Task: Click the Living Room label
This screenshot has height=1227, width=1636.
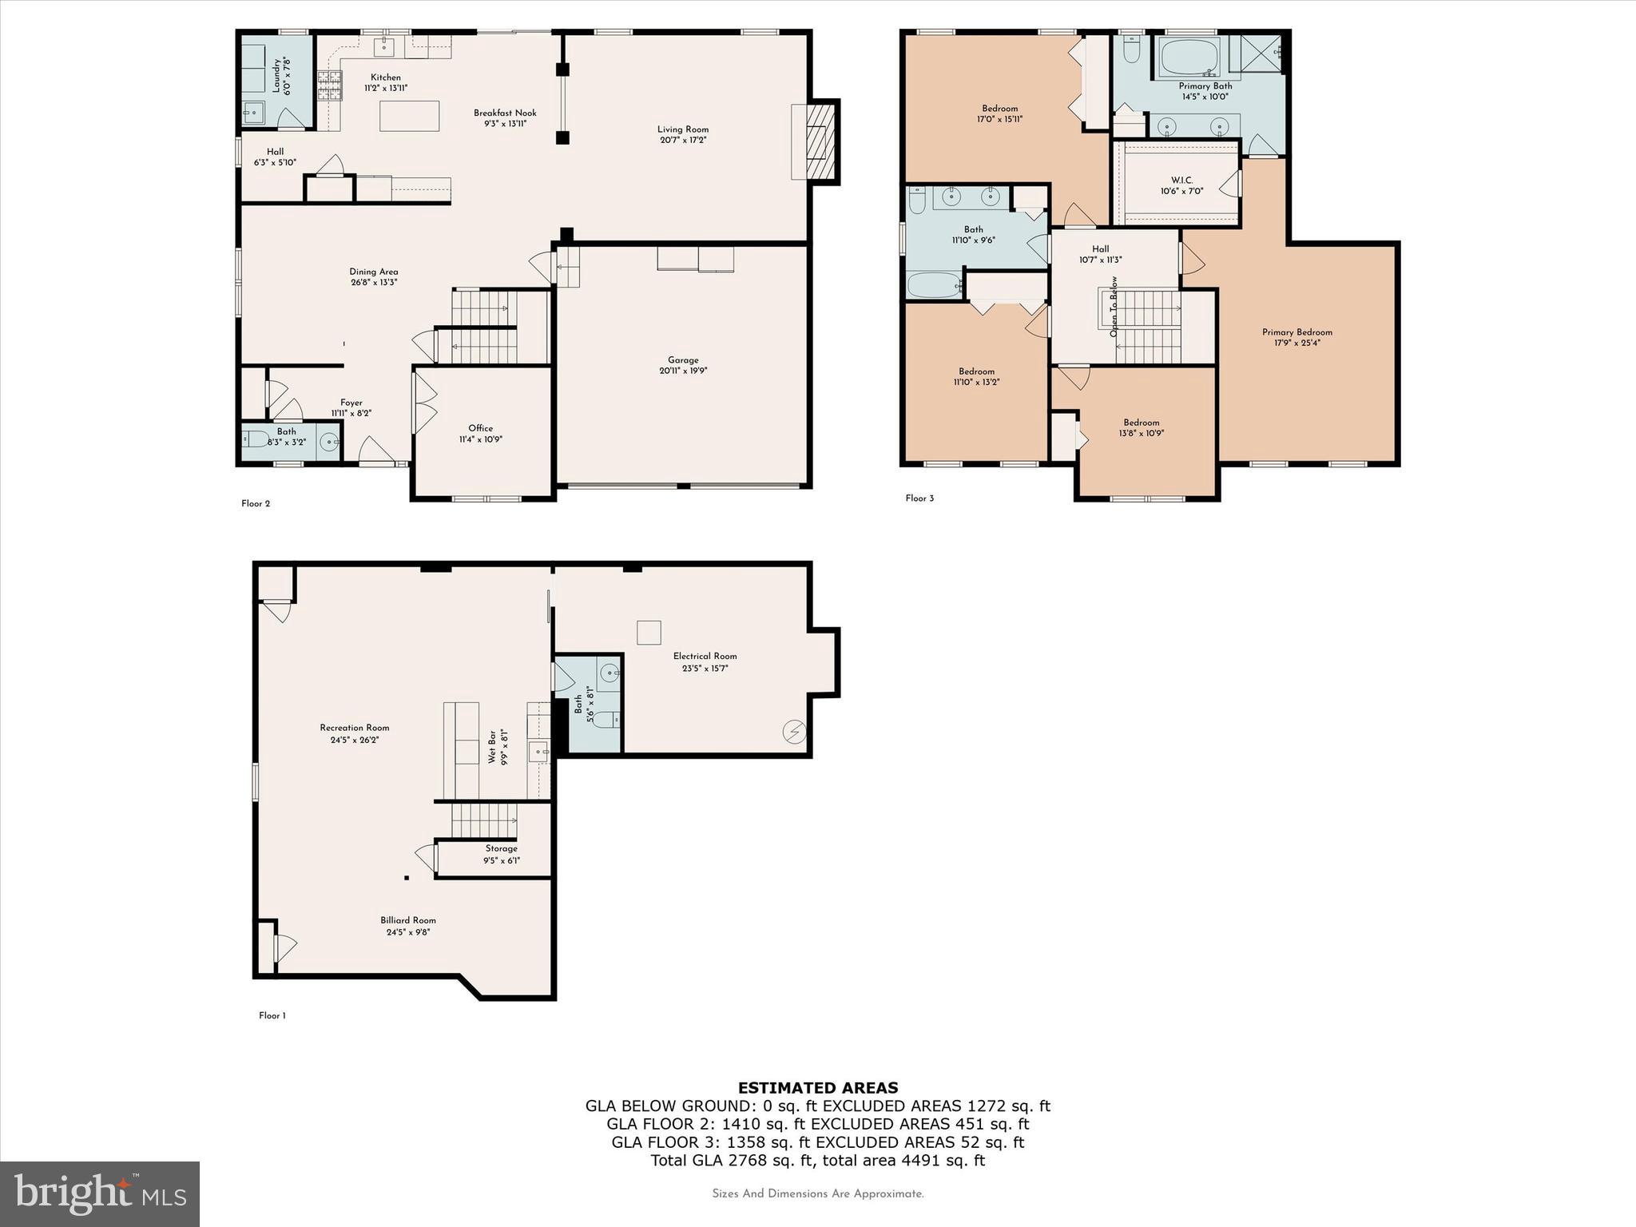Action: (682, 129)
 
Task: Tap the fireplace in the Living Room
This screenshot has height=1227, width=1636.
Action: (819, 142)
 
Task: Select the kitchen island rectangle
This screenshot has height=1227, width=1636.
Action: (409, 116)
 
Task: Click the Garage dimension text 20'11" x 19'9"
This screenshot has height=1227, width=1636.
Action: (683, 371)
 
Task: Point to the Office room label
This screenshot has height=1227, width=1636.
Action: (480, 428)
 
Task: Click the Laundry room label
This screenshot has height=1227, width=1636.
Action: (277, 76)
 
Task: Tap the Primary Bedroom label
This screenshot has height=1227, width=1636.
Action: (1296, 332)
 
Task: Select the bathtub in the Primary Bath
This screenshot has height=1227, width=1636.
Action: (1189, 57)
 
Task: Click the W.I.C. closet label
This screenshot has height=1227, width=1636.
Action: (1181, 181)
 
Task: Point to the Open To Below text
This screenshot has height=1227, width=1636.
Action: (1114, 307)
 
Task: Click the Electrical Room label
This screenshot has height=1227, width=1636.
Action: (705, 656)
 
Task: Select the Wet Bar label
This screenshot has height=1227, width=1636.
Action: (493, 746)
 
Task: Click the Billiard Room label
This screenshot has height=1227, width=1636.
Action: (408, 920)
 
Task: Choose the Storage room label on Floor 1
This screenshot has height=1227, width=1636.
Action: (501, 848)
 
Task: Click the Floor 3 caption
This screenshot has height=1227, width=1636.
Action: (919, 498)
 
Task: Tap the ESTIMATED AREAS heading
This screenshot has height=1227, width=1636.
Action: (817, 1087)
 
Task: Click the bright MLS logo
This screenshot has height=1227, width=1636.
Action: (100, 1193)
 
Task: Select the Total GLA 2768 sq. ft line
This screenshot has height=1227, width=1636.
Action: (817, 1161)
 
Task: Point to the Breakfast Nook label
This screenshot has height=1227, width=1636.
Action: (505, 113)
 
